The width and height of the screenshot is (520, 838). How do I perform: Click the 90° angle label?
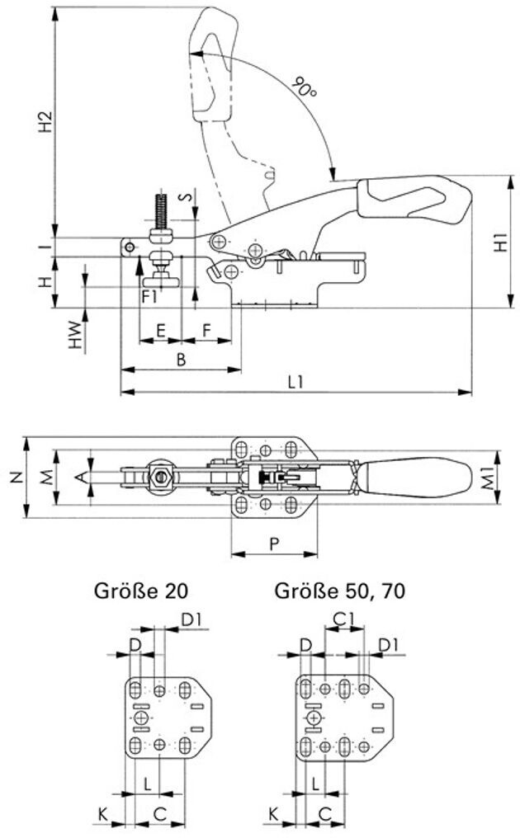[x=304, y=87]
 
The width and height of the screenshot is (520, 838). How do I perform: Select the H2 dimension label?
[x=46, y=122]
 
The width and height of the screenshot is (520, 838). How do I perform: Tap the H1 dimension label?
[x=500, y=242]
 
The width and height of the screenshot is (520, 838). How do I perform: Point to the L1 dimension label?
[x=295, y=382]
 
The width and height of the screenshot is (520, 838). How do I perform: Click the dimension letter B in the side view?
[x=181, y=360]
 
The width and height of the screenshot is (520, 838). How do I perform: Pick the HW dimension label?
[x=77, y=335]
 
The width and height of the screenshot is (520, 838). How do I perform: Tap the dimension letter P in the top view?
[x=274, y=544]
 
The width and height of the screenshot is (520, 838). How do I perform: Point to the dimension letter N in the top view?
[x=17, y=478]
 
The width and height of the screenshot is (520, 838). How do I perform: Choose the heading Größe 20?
[x=141, y=591]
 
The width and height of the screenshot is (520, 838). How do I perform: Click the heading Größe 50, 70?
[x=340, y=591]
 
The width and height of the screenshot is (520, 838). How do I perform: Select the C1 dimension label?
[x=343, y=619]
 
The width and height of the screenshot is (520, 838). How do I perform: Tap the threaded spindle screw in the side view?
[x=161, y=212]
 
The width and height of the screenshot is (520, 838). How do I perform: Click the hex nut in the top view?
[x=159, y=475]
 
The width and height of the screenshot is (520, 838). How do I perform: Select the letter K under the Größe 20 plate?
[x=102, y=814]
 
